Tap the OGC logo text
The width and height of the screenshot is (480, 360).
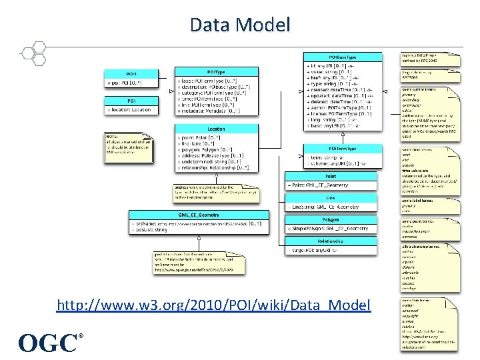(49, 343)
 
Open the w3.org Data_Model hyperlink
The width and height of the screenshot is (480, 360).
(213, 305)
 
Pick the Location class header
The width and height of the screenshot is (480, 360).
(216, 129)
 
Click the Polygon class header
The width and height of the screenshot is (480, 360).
(331, 219)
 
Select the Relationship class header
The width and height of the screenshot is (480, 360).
(331, 241)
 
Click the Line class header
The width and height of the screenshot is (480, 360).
(331, 197)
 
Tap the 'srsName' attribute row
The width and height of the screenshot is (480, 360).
(193, 225)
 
